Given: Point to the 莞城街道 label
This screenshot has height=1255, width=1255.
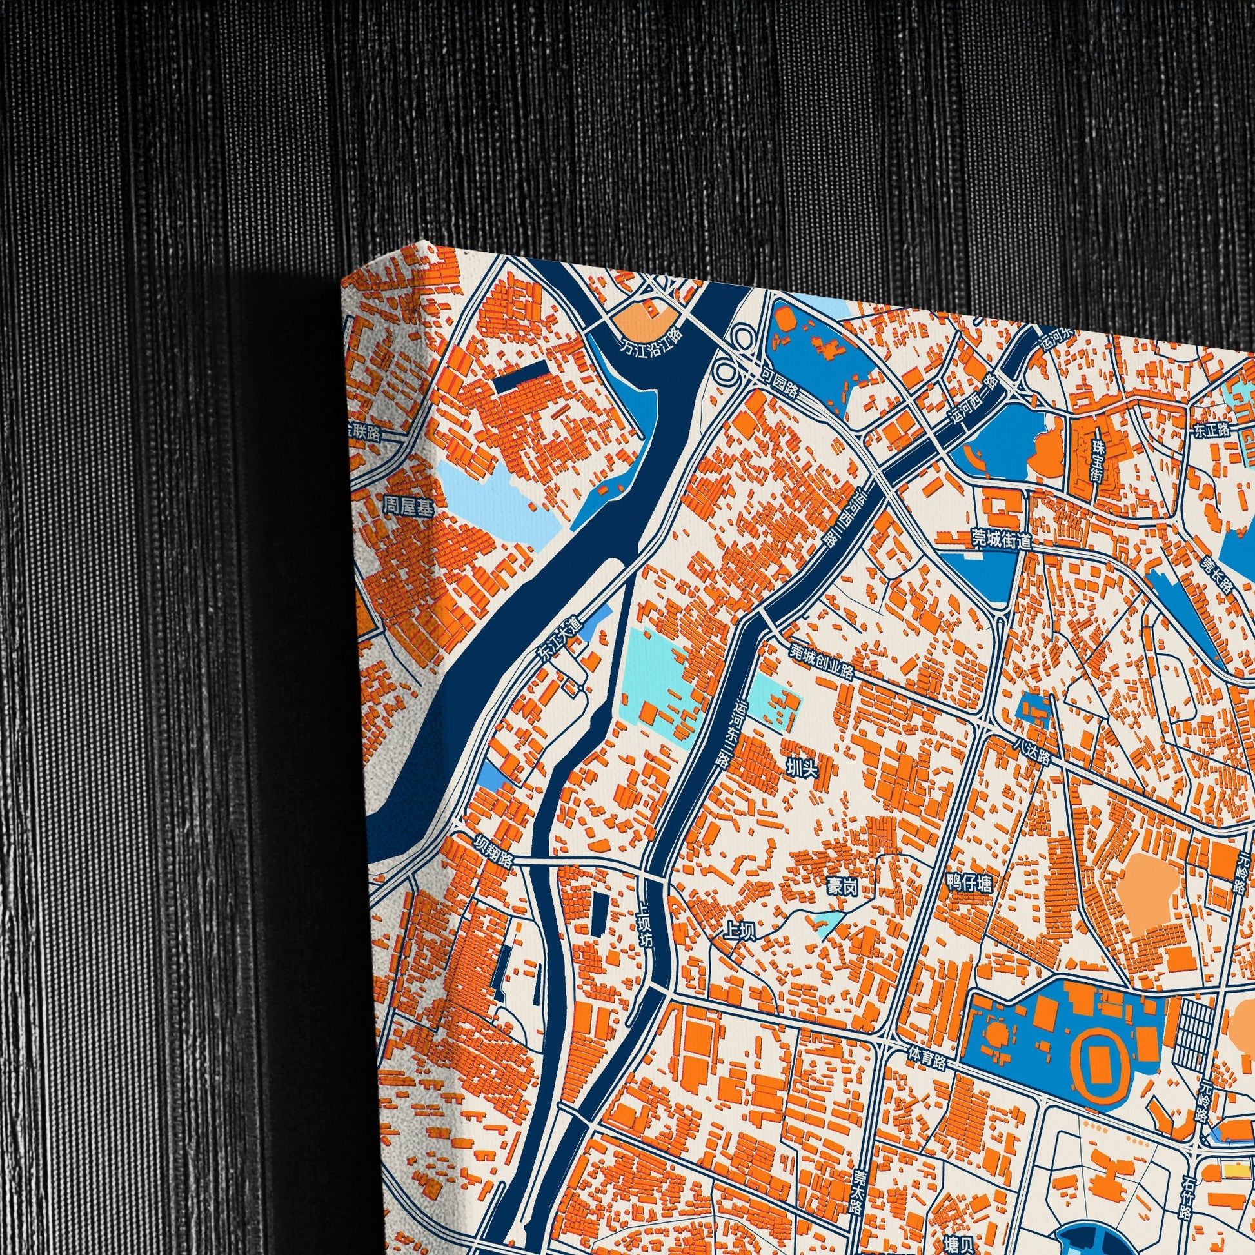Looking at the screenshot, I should click(x=1001, y=539).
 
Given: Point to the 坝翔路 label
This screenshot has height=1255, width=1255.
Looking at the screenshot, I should click(x=493, y=849).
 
